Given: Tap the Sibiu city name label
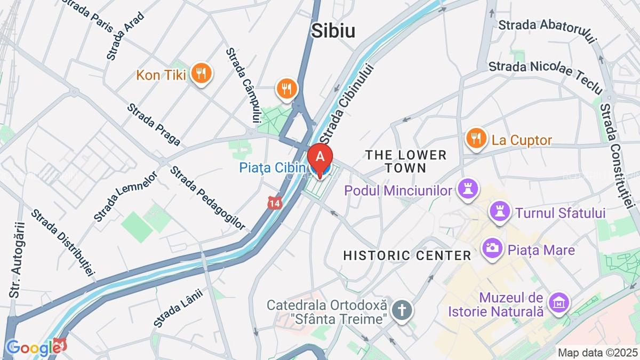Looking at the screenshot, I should point(333,30).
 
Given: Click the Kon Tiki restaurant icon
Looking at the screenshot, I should point(201,74).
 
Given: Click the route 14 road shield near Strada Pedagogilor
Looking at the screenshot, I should point(274,203).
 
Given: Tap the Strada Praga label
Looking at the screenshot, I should point(154,125).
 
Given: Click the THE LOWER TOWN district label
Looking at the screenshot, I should point(405,161).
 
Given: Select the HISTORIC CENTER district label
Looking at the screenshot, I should point(407,255).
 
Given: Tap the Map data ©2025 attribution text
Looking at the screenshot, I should point(597,353).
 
